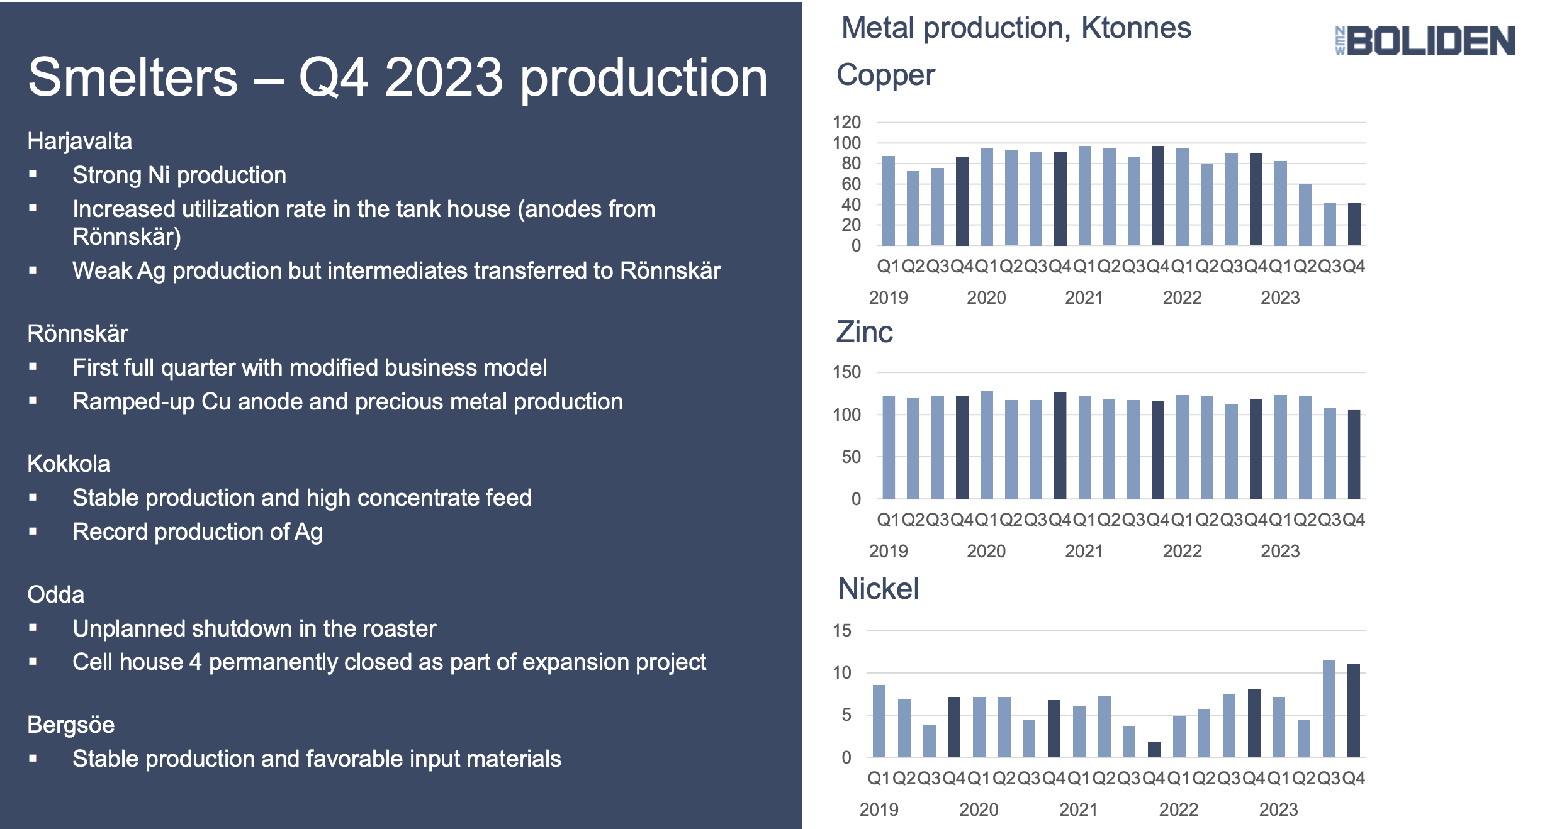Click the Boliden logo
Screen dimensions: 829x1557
click(x=1425, y=41)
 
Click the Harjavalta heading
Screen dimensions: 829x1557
click(x=79, y=141)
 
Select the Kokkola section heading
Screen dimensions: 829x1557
click(x=69, y=464)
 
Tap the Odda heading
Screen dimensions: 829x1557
click(x=55, y=594)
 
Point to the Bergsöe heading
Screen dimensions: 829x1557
click(x=70, y=725)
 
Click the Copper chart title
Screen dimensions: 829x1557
click(x=885, y=75)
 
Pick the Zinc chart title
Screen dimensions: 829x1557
click(x=864, y=331)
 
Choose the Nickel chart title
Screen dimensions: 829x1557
click(x=878, y=589)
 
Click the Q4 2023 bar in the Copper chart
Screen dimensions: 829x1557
click(x=1354, y=224)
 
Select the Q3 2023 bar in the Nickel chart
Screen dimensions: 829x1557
click(x=1329, y=708)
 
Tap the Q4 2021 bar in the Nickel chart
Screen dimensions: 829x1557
click(x=1154, y=750)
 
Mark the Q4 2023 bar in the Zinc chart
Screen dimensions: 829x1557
click(x=1354, y=454)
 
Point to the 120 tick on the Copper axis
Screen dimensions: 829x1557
click(x=846, y=122)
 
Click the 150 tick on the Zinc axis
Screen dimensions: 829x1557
click(x=846, y=372)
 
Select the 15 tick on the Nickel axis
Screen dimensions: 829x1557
click(x=841, y=630)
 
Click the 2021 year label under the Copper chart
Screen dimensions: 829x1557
click(x=1083, y=298)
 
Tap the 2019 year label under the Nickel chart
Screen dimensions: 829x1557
click(x=879, y=810)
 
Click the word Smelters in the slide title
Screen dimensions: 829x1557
click(x=133, y=77)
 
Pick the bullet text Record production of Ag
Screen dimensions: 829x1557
click(x=197, y=532)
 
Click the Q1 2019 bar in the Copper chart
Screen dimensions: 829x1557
click(x=888, y=201)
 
